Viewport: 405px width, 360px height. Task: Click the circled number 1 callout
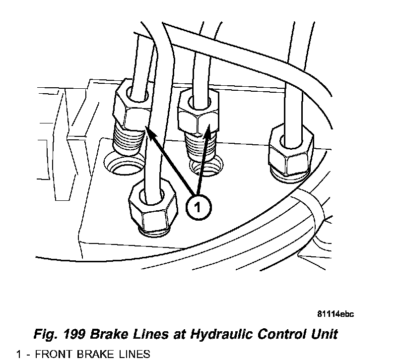[x=198, y=207]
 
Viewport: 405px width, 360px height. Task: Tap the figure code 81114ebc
[x=336, y=314]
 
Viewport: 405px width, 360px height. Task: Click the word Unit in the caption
[x=322, y=334]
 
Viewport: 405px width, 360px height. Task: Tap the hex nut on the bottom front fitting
[x=152, y=207]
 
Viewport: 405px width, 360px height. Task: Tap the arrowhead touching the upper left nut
[x=149, y=132]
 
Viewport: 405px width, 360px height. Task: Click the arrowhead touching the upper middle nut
[x=209, y=130]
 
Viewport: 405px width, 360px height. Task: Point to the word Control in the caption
[x=275, y=334]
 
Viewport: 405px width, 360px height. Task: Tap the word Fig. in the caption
[x=44, y=334]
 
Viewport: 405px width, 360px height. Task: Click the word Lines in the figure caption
[x=150, y=334]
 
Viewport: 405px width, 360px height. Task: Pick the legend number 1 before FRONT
[x=19, y=354]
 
